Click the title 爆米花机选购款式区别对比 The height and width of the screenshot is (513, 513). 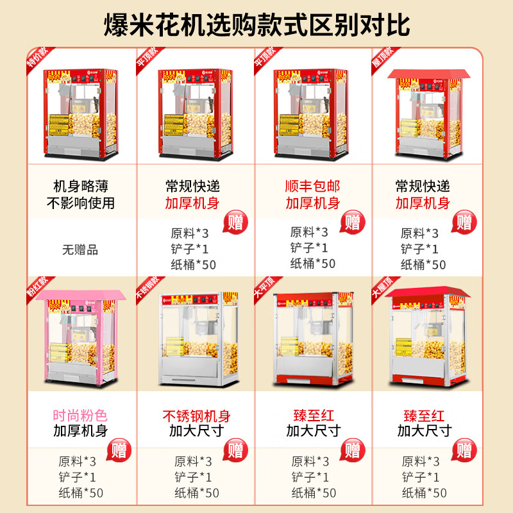click(256, 25)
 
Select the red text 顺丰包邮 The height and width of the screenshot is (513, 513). click(313, 187)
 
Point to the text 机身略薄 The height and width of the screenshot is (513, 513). click(80, 187)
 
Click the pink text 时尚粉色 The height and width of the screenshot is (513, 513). click(80, 416)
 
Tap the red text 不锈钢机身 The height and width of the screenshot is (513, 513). click(197, 416)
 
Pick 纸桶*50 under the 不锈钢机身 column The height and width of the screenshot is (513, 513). click(197, 492)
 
